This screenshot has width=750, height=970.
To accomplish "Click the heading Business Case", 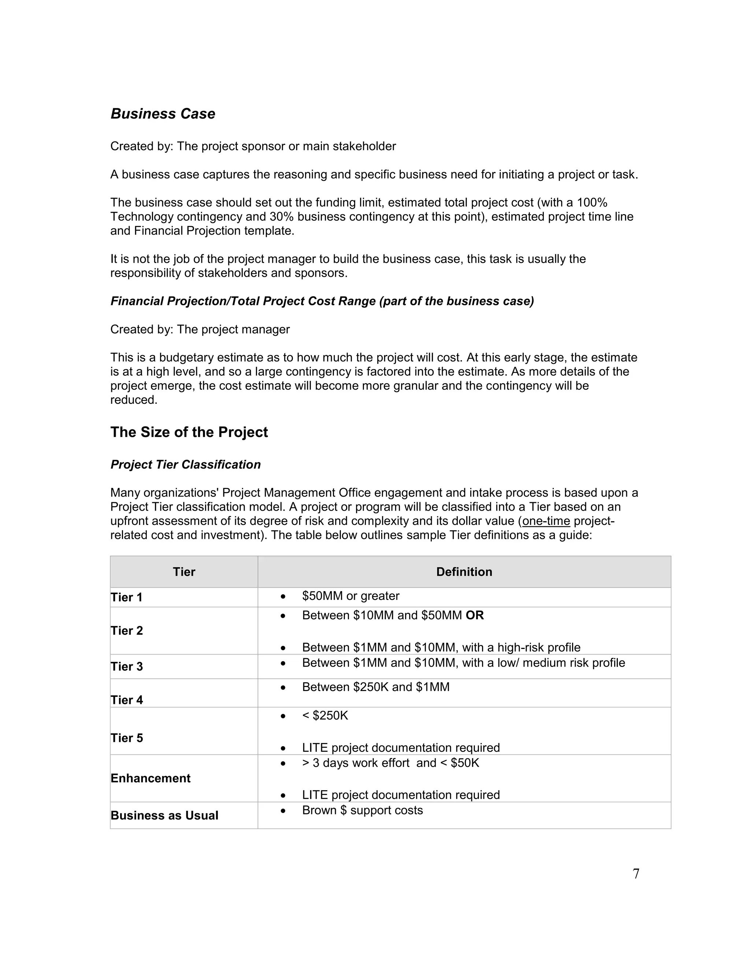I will click(163, 114).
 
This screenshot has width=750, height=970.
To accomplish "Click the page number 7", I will click(636, 874).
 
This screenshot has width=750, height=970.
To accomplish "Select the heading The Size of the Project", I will click(189, 432).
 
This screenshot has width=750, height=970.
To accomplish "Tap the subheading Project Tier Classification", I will click(185, 465).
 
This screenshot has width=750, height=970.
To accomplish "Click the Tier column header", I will click(184, 572).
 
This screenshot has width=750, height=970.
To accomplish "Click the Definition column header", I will click(464, 572).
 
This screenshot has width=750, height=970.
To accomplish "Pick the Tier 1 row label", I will click(127, 597).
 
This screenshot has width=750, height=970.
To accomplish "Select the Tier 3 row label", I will click(127, 667).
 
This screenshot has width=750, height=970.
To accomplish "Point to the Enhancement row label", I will click(150, 778).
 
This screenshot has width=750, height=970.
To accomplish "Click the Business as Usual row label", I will click(164, 816).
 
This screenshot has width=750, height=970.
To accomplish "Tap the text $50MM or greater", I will click(350, 596).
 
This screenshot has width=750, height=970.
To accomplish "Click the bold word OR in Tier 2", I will click(475, 616).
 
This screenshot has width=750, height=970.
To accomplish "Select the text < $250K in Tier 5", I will click(325, 716).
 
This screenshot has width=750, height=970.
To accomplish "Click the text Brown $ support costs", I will click(362, 810).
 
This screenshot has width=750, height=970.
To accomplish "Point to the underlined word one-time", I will click(546, 521).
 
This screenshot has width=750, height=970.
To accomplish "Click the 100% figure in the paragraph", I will click(592, 202).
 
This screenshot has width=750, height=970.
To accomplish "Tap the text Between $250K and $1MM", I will click(375, 687).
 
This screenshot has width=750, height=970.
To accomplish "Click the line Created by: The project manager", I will click(200, 329).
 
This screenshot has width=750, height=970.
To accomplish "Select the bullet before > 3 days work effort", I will click(283, 764).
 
